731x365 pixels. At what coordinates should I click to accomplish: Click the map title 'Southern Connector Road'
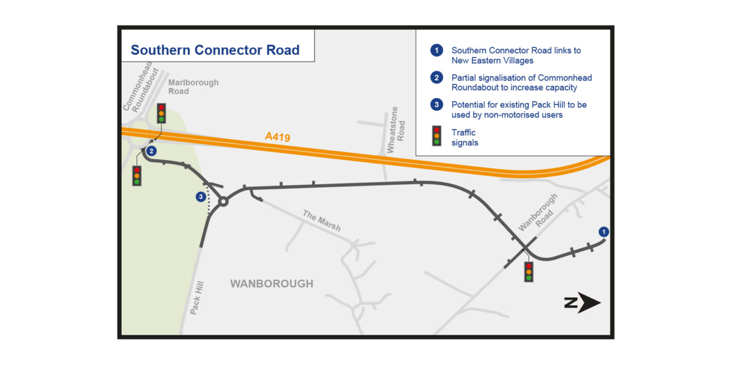215,50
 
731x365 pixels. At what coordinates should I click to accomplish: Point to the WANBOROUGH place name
272,283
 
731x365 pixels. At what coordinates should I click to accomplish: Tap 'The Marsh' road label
322,221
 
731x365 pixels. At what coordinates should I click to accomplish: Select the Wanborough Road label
537,212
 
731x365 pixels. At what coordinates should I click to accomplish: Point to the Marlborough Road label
193,87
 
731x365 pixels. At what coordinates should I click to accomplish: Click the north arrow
583,303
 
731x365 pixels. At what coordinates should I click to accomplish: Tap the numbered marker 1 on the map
604,232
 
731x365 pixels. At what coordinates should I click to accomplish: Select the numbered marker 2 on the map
151,151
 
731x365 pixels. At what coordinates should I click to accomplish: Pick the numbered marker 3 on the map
200,197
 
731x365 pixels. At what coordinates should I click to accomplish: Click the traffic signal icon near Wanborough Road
529,272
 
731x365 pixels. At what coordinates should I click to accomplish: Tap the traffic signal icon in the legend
437,136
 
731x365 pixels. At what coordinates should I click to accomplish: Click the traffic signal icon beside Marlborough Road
162,113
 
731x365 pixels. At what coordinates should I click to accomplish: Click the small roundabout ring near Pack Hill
223,201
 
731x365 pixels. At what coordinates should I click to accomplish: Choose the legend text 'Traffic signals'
465,137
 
